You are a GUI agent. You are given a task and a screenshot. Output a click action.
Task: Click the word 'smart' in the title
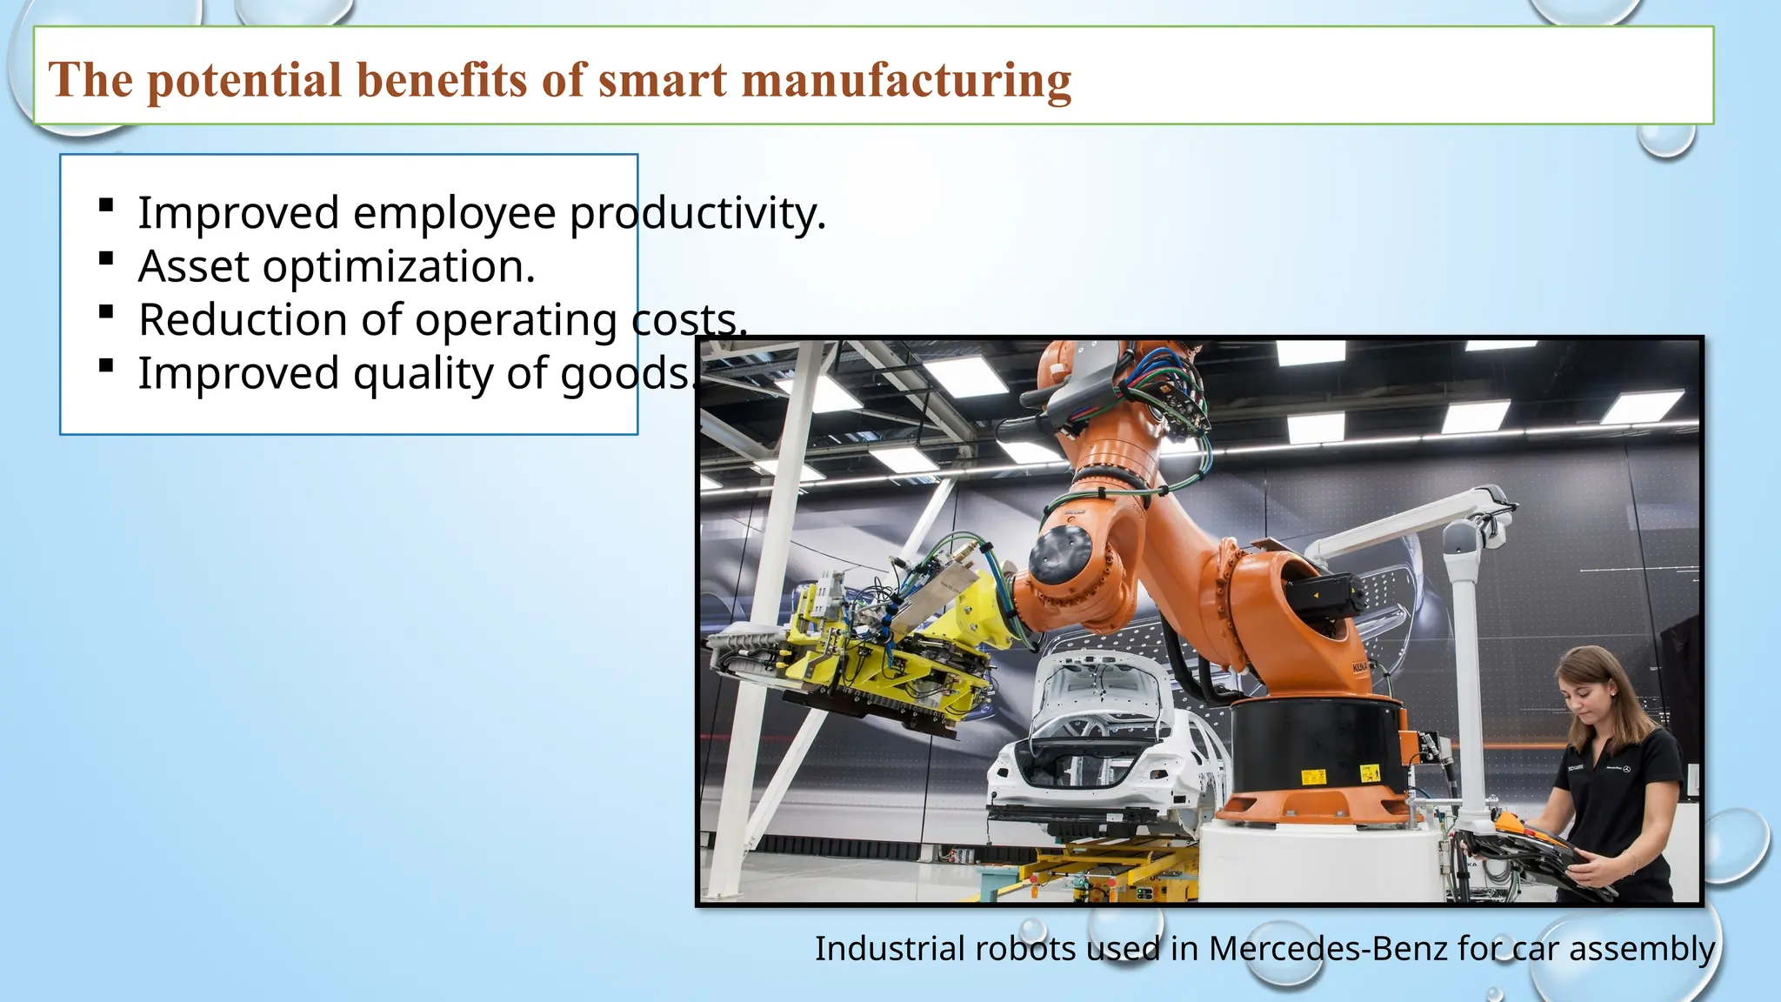click(662, 80)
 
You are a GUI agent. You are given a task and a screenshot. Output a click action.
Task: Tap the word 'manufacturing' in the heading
click(906, 82)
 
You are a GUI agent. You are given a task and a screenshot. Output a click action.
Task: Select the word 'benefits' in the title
click(442, 80)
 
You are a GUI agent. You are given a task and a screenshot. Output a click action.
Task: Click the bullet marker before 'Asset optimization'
click(106, 258)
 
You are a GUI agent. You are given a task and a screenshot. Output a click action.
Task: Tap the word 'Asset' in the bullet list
click(193, 266)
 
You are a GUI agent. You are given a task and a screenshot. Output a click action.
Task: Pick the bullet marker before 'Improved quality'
click(106, 365)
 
